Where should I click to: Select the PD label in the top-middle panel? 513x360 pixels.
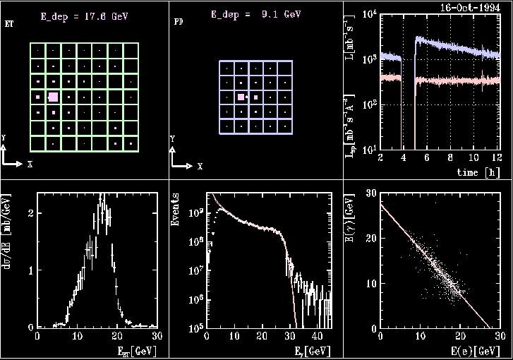tap(179, 22)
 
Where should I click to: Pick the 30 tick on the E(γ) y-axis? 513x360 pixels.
tap(370, 195)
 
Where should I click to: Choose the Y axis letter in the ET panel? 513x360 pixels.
tap(4, 137)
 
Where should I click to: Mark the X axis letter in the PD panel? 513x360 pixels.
tap(200, 167)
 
